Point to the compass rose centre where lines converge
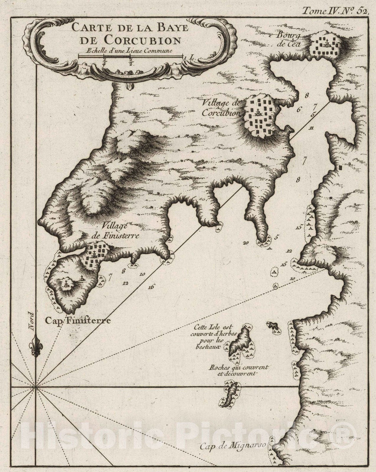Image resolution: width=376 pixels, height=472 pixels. (36, 387)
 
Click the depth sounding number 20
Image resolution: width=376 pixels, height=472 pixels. (245, 242)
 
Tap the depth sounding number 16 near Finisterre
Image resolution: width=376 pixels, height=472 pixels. (151, 287)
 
